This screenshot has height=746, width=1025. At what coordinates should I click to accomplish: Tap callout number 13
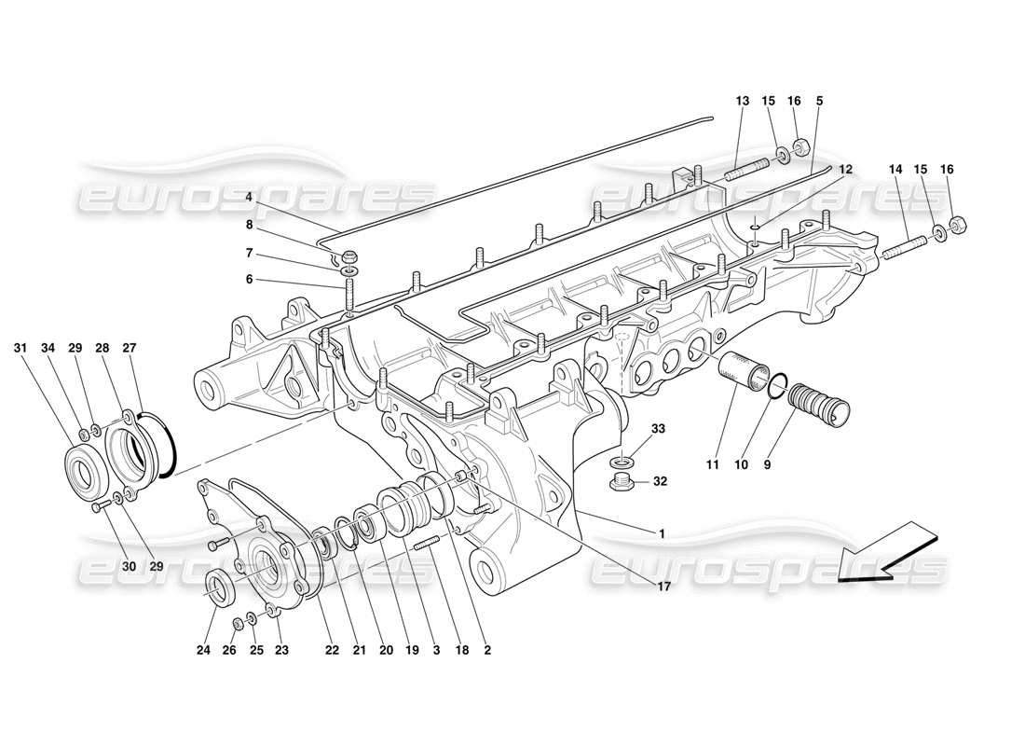(742, 101)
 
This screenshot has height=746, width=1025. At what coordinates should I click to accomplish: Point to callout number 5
(819, 101)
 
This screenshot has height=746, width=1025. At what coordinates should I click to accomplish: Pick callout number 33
(659, 430)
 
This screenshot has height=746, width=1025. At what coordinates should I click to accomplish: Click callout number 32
(659, 483)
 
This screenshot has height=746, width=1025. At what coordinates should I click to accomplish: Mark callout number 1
(662, 533)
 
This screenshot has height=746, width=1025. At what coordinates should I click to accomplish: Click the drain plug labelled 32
(621, 482)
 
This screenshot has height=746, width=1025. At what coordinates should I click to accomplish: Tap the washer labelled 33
(622, 462)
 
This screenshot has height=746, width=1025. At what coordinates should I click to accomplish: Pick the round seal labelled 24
(221, 588)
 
